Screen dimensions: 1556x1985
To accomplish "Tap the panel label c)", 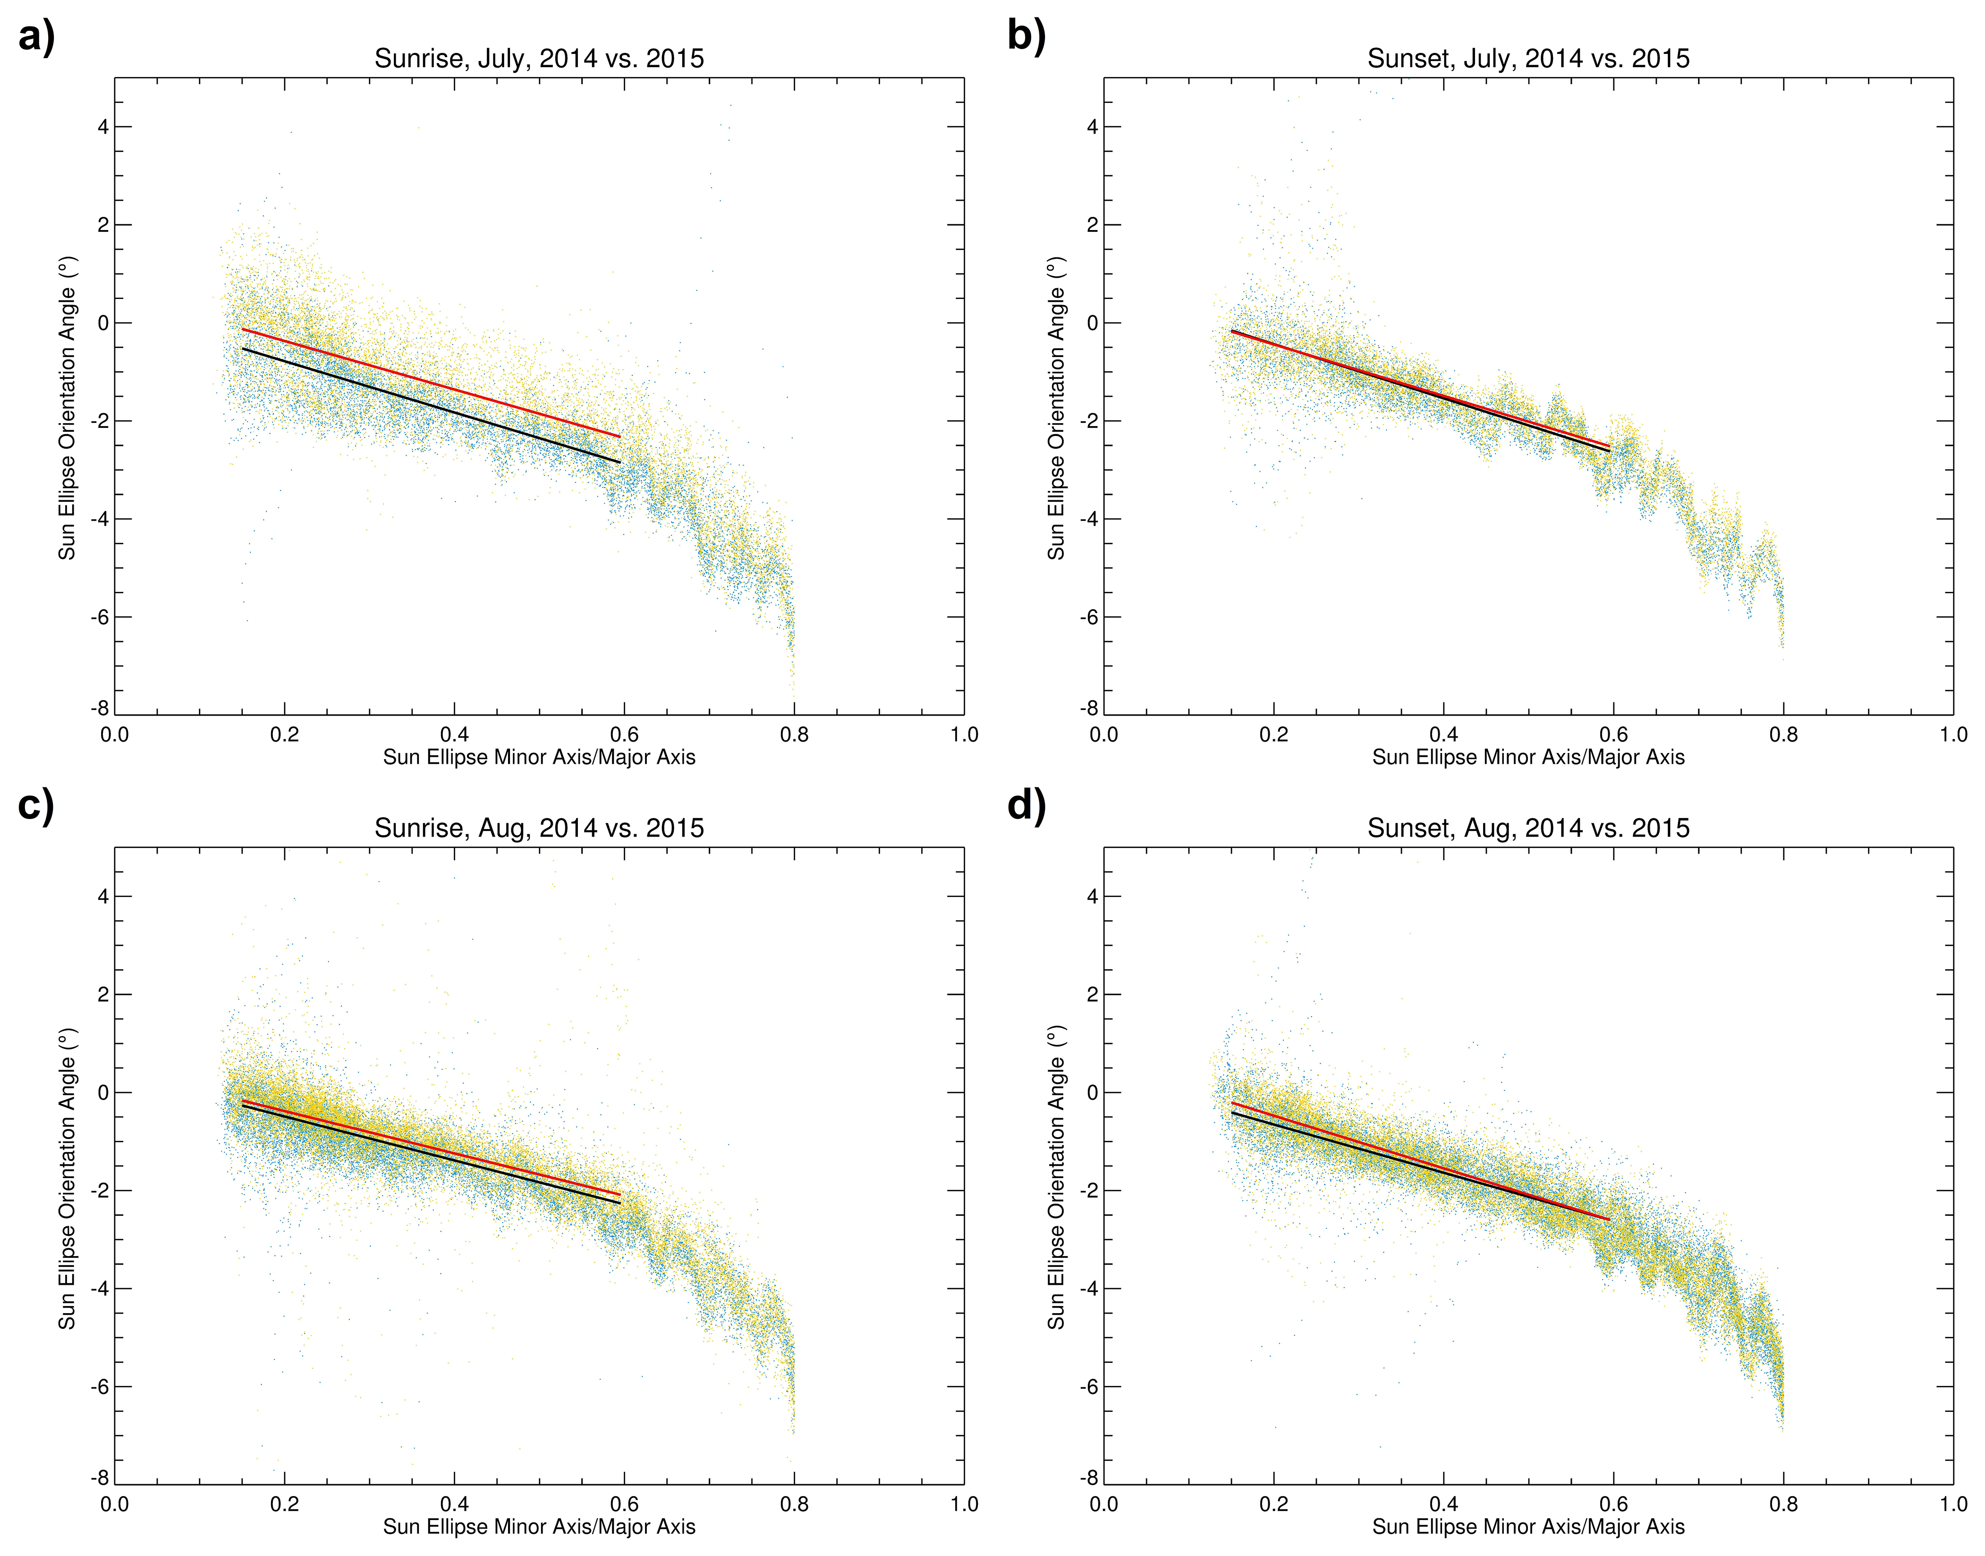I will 36,806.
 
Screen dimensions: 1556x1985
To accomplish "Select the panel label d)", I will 1026,806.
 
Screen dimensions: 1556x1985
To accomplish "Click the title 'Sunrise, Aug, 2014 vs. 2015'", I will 539,828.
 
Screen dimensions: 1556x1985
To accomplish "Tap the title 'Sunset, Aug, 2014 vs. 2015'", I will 1528,828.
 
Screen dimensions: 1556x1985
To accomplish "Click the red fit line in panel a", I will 432,384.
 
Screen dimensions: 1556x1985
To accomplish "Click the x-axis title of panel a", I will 539,757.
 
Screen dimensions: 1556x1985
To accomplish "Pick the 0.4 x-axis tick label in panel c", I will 454,1504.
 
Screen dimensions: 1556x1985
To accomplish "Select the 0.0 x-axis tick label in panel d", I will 1103,1504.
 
